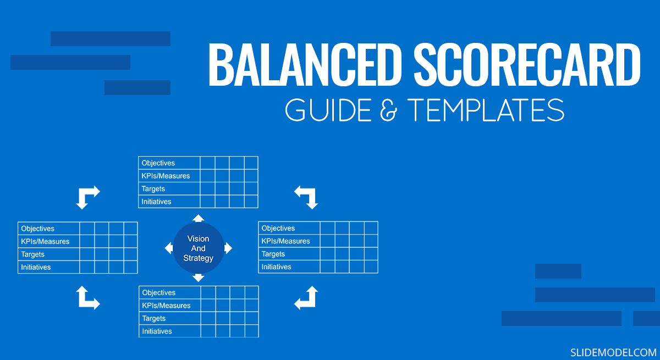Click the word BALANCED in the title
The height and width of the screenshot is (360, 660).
coord(305,65)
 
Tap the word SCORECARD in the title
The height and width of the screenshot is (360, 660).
coord(527,65)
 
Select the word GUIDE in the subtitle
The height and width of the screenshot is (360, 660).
coord(328,110)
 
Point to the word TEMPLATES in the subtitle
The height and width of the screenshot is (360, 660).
coord(486,110)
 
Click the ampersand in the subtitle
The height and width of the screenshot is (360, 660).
coord(389,110)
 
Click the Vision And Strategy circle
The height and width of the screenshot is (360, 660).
coord(199,248)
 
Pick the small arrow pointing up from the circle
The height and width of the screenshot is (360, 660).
coord(199,218)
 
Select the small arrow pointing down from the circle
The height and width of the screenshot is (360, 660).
coord(199,278)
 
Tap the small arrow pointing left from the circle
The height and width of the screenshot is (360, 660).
coord(169,248)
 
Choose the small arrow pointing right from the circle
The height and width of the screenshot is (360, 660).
coord(228,248)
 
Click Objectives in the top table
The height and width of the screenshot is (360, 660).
coord(158,163)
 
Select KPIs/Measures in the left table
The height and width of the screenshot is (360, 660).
coord(45,241)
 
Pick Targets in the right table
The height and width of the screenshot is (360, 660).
coord(273,254)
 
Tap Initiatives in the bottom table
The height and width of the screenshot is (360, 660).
coord(157,331)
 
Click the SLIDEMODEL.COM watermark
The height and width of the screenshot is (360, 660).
coord(613,352)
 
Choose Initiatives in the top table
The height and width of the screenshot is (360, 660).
coord(156,202)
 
